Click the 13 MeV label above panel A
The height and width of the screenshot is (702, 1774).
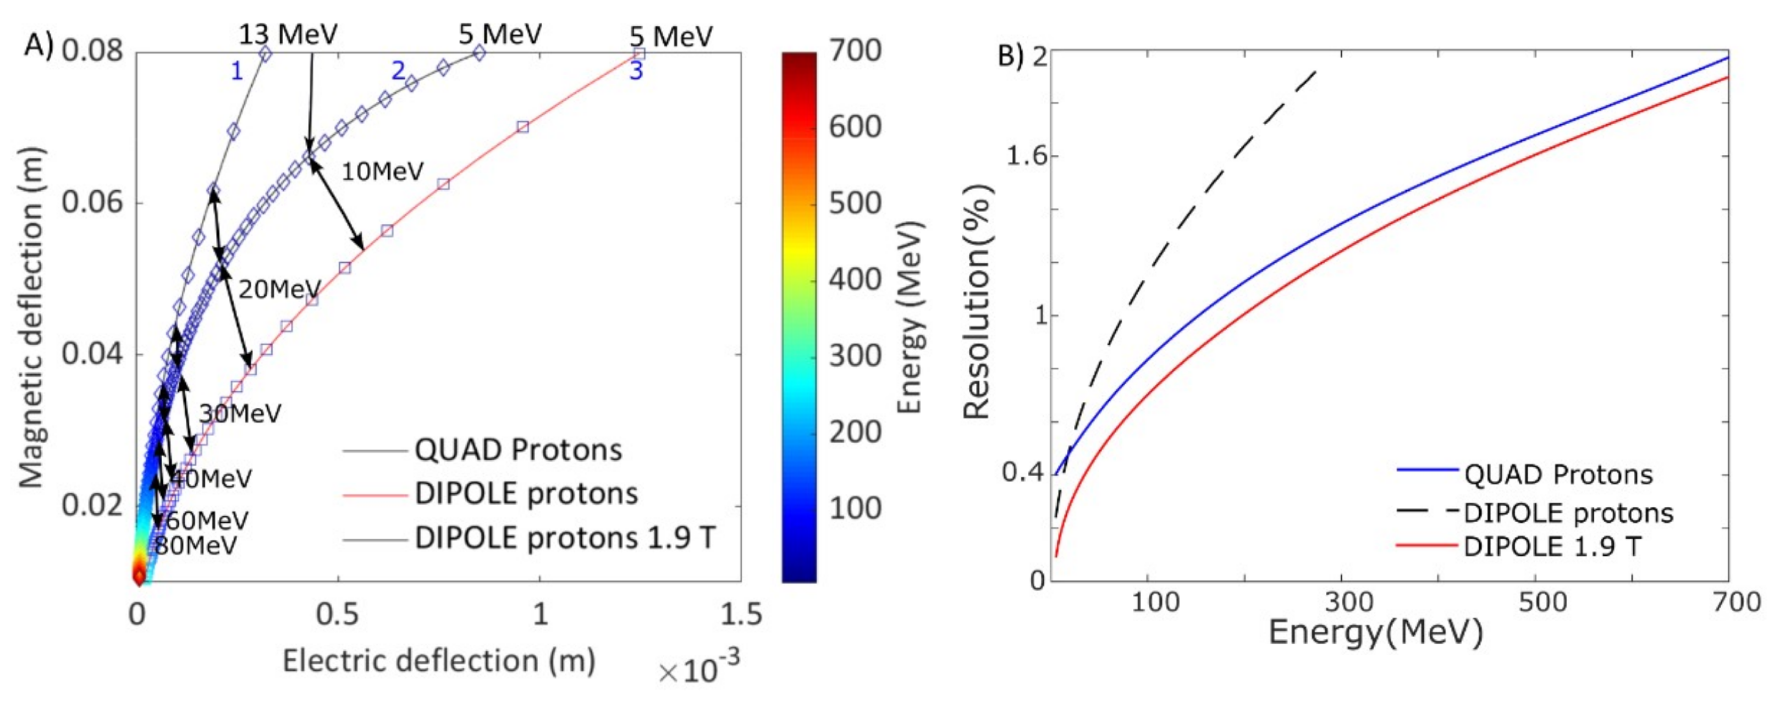point(288,35)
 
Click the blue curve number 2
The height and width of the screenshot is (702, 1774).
point(398,70)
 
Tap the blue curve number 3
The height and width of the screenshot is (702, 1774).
point(636,70)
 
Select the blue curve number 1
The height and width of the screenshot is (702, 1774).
point(237,71)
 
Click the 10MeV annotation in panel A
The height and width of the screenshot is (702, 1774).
point(382,172)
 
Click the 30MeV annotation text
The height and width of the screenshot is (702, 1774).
point(240,413)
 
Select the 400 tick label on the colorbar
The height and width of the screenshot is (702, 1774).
point(855,279)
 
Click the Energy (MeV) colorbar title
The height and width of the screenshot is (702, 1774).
point(911,317)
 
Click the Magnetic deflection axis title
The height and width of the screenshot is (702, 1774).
point(30,317)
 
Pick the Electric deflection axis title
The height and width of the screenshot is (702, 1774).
point(439,661)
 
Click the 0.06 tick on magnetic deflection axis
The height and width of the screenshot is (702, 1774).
point(92,202)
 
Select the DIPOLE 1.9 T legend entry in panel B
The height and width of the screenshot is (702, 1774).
point(1552,546)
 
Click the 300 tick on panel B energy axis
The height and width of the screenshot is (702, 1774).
point(1349,602)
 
